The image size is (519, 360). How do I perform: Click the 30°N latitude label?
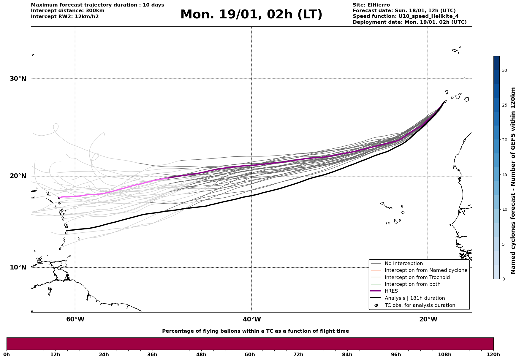click(x=18, y=79)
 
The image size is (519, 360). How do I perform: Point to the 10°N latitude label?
click(x=18, y=267)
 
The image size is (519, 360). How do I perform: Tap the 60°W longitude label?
click(x=75, y=319)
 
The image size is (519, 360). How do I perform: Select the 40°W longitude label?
click(x=252, y=319)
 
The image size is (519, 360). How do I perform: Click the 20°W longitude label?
click(x=428, y=319)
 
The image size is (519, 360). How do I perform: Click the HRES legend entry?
click(x=391, y=291)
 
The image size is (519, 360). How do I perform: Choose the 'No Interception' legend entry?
click(x=404, y=264)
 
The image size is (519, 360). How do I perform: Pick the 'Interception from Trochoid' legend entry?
click(x=417, y=277)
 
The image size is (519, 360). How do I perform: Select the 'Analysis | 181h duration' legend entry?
click(x=414, y=298)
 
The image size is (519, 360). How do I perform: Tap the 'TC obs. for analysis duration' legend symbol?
click(x=376, y=305)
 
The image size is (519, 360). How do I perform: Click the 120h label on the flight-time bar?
click(x=493, y=354)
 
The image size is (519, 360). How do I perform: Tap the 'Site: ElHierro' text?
click(x=371, y=5)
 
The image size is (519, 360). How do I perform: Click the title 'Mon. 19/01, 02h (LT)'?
click(x=251, y=15)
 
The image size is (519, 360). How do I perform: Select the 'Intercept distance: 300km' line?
click(x=67, y=11)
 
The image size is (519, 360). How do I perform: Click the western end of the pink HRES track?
click(x=59, y=198)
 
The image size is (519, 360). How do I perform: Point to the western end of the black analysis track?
click(x=67, y=231)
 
